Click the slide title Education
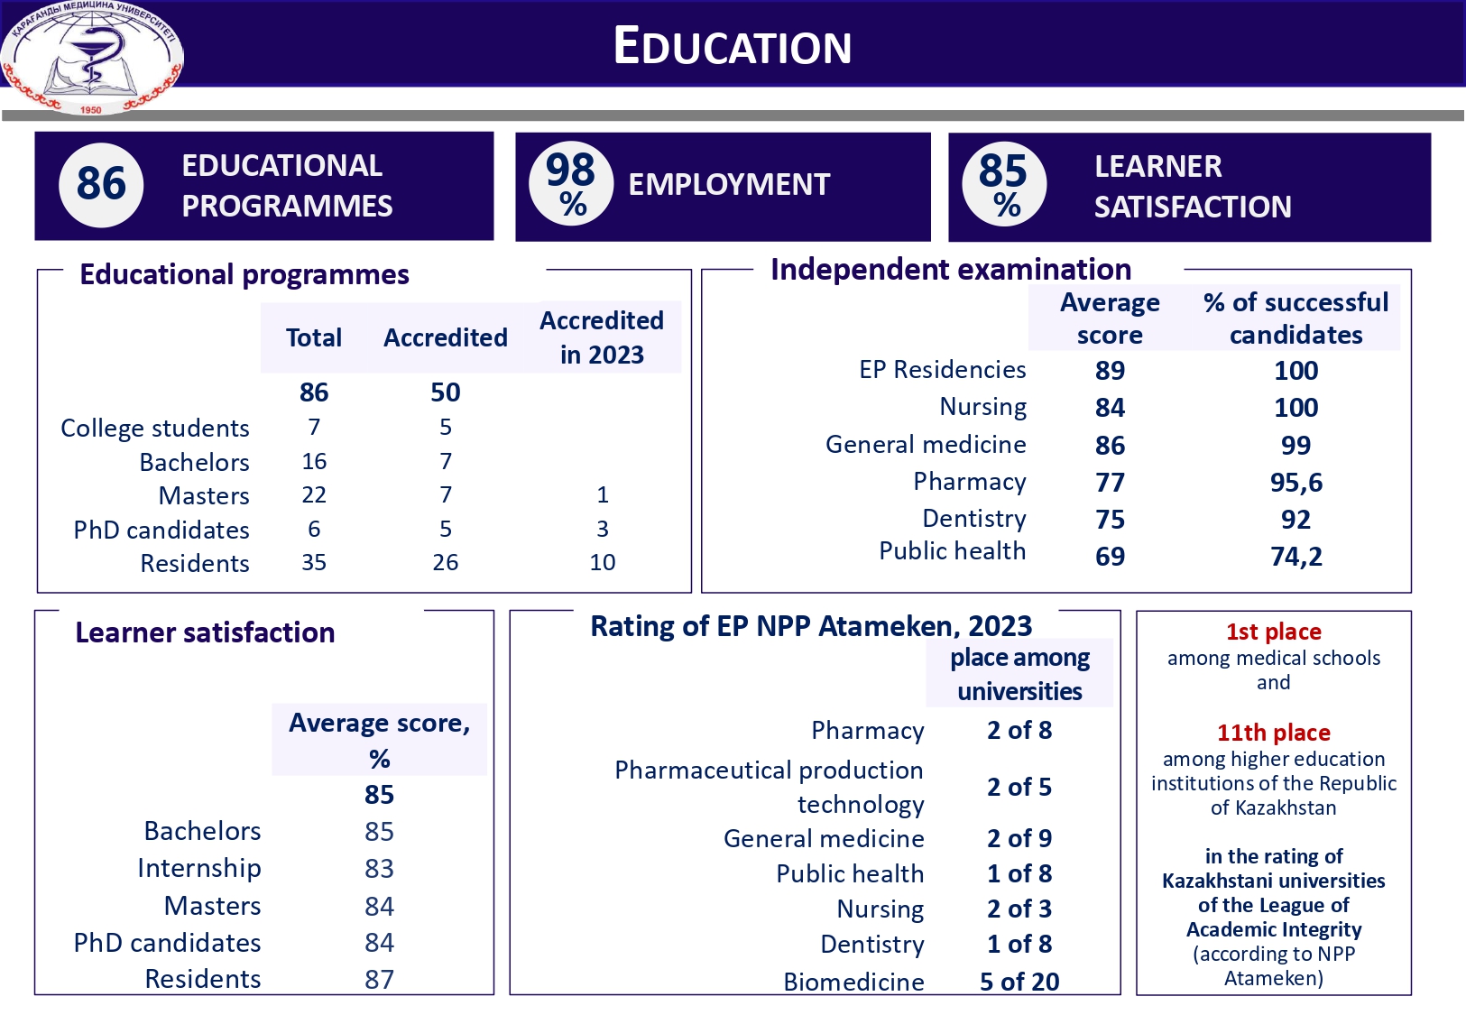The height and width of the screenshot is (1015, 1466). click(x=732, y=46)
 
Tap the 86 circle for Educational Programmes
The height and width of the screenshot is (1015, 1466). click(x=101, y=184)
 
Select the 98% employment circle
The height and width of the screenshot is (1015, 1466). click(x=571, y=184)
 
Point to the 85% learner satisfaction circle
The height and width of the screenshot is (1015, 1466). click(x=1004, y=185)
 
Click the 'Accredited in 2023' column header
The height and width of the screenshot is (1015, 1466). click(x=602, y=337)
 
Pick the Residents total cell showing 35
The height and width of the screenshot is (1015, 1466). click(x=314, y=562)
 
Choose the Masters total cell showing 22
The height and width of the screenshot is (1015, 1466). click(x=314, y=494)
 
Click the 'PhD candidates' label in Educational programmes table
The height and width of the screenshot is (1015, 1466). click(x=161, y=530)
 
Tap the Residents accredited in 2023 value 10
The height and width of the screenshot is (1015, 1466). click(x=602, y=562)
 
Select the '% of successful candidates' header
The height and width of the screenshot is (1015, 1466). click(x=1295, y=318)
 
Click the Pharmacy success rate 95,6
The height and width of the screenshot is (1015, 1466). click(x=1295, y=483)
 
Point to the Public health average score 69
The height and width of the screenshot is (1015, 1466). click(x=1110, y=557)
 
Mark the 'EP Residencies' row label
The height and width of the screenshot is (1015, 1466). click(x=942, y=370)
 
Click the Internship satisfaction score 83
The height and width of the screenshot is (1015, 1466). click(x=379, y=869)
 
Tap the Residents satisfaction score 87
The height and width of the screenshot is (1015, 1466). click(x=379, y=979)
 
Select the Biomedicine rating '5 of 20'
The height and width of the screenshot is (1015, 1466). click(x=1019, y=982)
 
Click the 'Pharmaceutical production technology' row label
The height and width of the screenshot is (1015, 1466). click(x=770, y=787)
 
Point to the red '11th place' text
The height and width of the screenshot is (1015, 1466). click(x=1273, y=733)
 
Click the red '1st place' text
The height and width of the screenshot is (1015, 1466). click(x=1273, y=632)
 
